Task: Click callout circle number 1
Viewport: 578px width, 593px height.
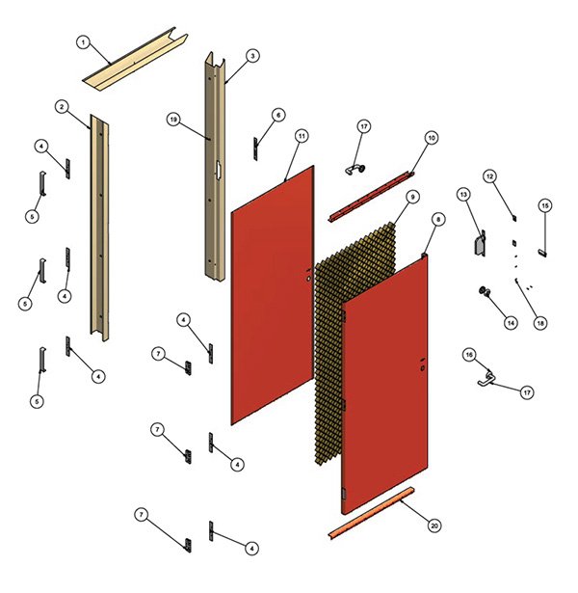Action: click(83, 42)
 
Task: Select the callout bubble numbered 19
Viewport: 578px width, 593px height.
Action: click(173, 120)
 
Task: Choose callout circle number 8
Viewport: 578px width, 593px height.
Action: click(438, 220)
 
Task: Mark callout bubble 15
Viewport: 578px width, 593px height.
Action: click(544, 205)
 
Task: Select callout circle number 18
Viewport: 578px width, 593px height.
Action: click(540, 323)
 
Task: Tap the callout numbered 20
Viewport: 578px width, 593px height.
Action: click(434, 526)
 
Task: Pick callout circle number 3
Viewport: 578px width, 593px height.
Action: click(252, 57)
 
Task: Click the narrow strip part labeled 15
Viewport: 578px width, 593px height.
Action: click(542, 239)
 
